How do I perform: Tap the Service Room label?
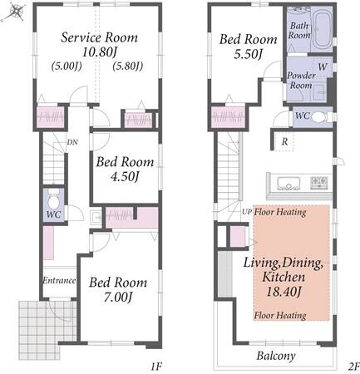[99, 37]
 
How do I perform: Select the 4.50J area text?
[125, 177]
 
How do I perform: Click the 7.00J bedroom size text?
[118, 298]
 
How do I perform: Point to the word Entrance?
[59, 280]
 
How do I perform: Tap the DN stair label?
[72, 142]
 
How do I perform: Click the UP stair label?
[247, 212]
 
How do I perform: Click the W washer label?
[323, 66]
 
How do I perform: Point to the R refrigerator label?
[284, 142]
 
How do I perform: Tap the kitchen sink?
[288, 184]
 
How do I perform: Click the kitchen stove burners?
[319, 183]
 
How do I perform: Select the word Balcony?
[276, 357]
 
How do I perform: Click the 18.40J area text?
[284, 291]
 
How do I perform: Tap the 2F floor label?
[353, 367]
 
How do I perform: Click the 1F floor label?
[156, 367]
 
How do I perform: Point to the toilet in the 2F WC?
[318, 117]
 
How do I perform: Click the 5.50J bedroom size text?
[248, 54]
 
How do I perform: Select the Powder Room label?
[301, 81]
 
